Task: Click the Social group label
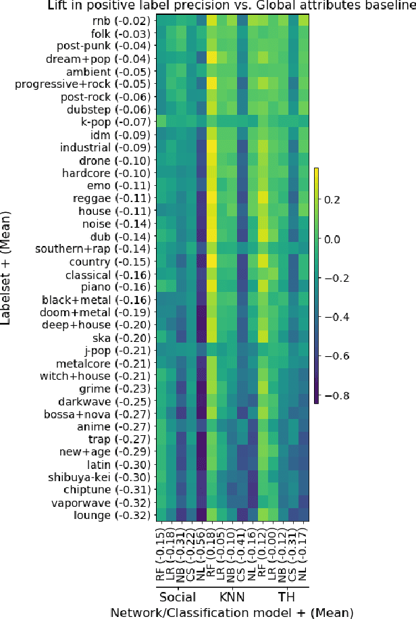coord(178,597)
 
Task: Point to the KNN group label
coord(232,597)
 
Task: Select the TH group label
coord(286,597)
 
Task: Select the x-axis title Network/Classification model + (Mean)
coord(231,612)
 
